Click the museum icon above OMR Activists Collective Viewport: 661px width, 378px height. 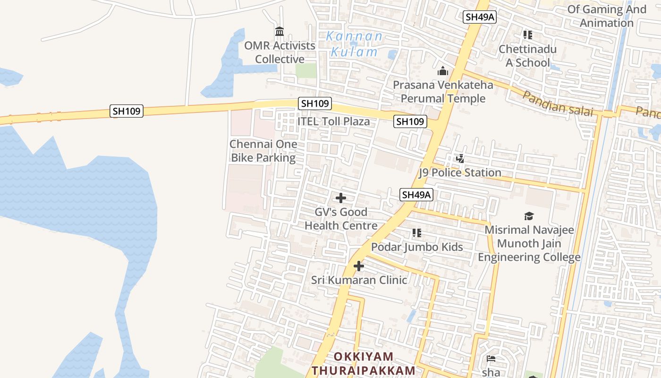click(279, 32)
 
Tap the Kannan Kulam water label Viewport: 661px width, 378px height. click(355, 44)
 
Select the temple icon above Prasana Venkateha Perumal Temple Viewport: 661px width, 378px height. click(443, 71)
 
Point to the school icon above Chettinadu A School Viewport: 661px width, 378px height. click(527, 35)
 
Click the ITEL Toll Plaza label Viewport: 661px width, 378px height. click(333, 121)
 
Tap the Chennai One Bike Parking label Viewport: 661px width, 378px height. click(263, 151)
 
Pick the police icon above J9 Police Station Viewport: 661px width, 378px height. click(460, 159)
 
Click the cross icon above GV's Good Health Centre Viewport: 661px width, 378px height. click(340, 198)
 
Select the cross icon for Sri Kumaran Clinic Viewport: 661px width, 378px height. click(359, 266)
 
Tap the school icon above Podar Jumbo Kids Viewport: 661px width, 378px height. click(416, 233)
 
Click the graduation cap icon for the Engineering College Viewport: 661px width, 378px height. click(529, 216)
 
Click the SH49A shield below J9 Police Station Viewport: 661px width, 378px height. click(416, 194)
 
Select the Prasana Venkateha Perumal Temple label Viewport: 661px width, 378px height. click(443, 92)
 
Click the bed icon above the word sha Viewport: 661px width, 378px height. click(491, 359)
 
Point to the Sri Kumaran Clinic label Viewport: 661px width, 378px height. click(359, 280)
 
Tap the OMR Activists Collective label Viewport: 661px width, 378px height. click(280, 52)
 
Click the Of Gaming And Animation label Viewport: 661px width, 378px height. click(606, 16)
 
